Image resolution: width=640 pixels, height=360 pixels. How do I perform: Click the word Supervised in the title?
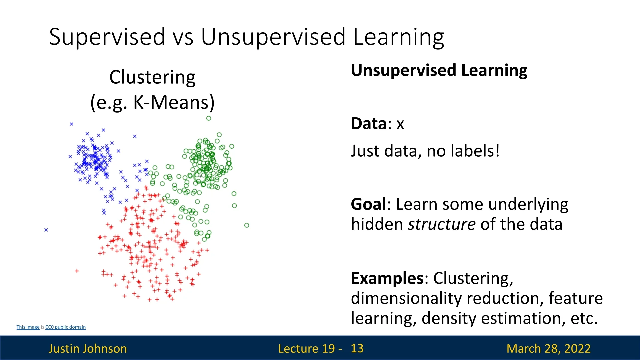point(107,37)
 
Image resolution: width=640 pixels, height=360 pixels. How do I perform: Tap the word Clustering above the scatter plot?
point(152,78)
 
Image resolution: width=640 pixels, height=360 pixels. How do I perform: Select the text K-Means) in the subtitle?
point(174,102)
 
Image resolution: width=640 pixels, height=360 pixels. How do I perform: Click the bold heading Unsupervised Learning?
point(439,71)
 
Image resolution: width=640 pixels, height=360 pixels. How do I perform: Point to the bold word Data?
point(369,124)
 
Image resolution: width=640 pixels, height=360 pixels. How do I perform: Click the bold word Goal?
point(368,204)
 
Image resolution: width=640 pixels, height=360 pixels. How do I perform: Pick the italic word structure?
point(442,224)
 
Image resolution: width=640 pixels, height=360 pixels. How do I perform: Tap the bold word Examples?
point(387,279)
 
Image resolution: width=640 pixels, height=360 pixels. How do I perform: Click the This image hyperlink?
point(28,327)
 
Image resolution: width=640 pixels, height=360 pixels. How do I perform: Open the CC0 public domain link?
point(65,327)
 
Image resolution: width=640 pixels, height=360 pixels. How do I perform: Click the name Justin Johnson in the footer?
point(88,349)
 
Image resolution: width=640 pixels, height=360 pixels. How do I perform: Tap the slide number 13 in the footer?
point(357,348)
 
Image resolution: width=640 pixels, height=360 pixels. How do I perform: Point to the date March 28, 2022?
point(548,349)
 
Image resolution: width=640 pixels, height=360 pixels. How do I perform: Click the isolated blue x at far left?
point(46,230)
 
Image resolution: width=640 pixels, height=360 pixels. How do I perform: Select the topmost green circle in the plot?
point(209,118)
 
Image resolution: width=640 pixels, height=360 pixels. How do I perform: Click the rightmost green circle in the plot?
point(247,225)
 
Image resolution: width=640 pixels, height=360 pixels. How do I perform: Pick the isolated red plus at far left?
point(77,271)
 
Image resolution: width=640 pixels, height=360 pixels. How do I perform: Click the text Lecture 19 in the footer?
point(307,349)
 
